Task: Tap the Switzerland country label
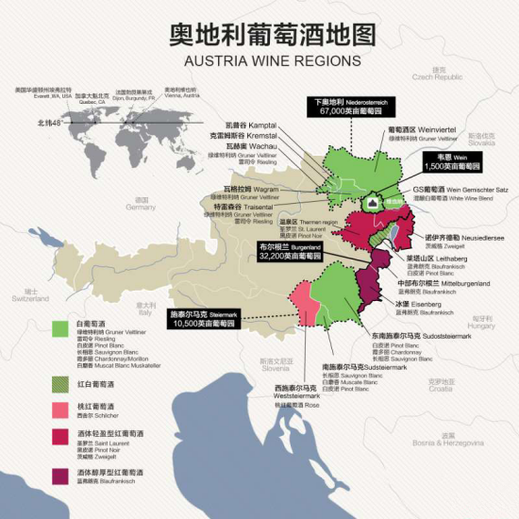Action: (x=37, y=294)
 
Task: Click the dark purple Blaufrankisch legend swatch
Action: (x=60, y=474)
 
